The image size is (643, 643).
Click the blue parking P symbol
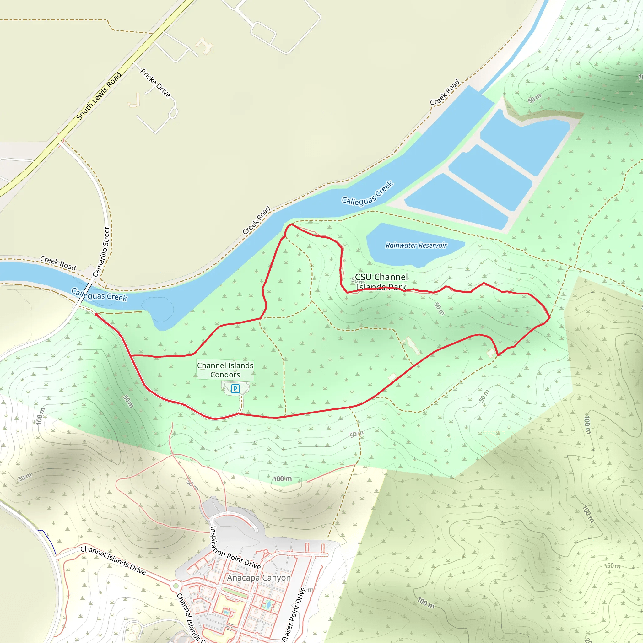[235, 388]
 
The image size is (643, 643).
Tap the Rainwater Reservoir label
[416, 245]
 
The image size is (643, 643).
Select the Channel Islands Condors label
[225, 370]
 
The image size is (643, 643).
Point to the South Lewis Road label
[99, 96]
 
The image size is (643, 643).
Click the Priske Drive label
[155, 83]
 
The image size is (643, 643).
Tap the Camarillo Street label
[101, 251]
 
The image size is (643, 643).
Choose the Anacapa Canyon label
[259, 578]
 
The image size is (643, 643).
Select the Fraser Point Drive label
[294, 614]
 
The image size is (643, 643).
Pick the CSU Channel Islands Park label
[381, 282]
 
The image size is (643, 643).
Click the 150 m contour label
[612, 566]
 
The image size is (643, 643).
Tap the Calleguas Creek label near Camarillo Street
[99, 295]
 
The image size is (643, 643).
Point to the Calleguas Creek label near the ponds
[367, 193]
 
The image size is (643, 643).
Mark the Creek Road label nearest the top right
[445, 92]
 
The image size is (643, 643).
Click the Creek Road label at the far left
[58, 263]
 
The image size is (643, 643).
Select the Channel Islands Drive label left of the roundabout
[113, 560]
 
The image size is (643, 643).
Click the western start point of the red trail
[96, 314]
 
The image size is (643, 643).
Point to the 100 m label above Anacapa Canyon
[282, 478]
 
